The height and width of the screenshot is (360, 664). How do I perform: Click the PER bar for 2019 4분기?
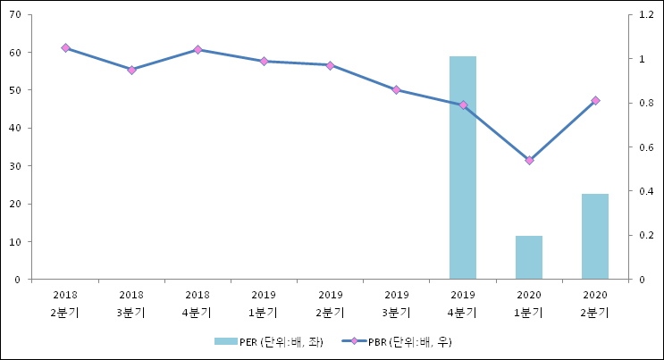[462, 168]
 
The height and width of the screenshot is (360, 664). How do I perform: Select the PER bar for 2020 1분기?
[529, 257]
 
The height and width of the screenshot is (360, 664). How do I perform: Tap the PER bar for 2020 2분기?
[595, 236]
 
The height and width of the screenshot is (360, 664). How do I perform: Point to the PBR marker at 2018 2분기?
[65, 47]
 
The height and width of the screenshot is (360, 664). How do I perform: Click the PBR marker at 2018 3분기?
[131, 70]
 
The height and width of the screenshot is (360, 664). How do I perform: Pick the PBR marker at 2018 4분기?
[198, 49]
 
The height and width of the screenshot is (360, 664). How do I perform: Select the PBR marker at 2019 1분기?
[264, 61]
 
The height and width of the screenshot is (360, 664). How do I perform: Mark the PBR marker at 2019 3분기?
[396, 89]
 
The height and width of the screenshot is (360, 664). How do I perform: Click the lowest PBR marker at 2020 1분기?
[529, 160]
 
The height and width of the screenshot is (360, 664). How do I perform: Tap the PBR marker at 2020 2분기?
[595, 100]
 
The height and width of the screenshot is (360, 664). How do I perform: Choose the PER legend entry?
[268, 342]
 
